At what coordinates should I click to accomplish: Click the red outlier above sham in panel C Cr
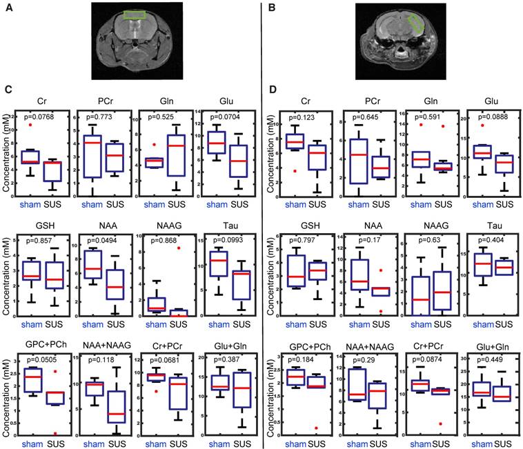pyautogui.click(x=30, y=125)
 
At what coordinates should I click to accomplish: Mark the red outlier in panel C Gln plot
pyautogui.click(x=154, y=144)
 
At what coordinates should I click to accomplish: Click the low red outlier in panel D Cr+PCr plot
pyautogui.click(x=439, y=423)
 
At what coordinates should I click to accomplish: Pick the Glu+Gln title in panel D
pyautogui.click(x=489, y=348)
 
